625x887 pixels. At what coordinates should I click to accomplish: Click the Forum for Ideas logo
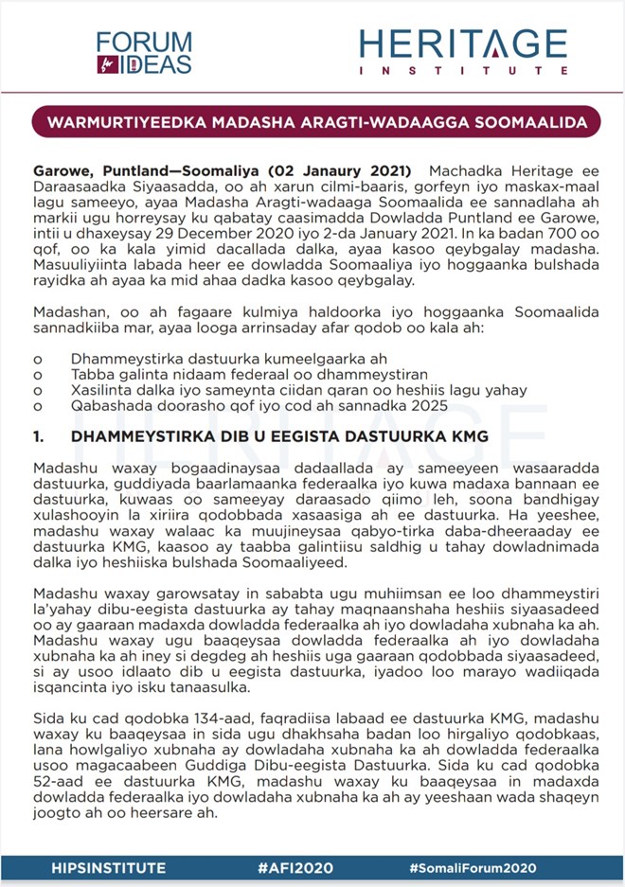pos(143,52)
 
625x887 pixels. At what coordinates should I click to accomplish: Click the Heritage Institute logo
pos(463,51)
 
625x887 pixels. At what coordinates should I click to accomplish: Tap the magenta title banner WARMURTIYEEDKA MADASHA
pos(312,123)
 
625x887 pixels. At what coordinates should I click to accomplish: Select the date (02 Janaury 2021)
pos(340,171)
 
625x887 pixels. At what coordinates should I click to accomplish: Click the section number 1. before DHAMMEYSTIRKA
pos(39,436)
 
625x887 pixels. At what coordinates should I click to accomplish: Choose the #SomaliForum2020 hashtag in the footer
pos(473,867)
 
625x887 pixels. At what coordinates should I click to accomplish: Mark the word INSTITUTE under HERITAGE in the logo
pos(463,71)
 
